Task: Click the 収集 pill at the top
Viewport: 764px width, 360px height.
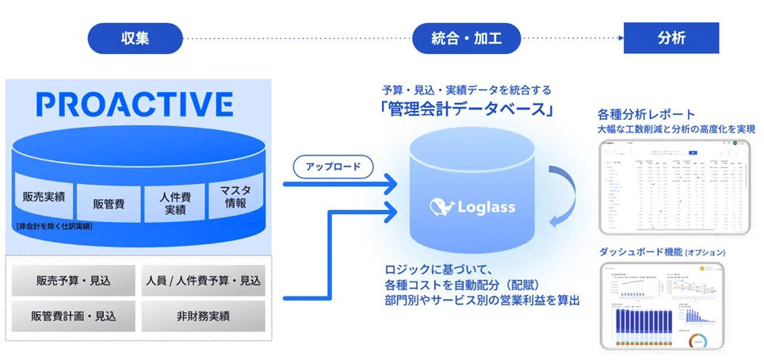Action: point(136,37)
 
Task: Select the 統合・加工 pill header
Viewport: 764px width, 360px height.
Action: point(467,37)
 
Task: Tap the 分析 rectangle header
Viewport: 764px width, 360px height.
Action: point(671,37)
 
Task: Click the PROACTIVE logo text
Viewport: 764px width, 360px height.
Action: point(135,104)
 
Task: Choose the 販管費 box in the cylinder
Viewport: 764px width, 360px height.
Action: point(109,203)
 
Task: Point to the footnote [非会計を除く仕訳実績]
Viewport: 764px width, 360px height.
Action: point(53,227)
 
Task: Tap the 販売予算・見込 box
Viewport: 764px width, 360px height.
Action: point(73,281)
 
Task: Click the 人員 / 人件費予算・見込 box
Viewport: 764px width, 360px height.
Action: point(204,281)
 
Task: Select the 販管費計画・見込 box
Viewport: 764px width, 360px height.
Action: point(73,316)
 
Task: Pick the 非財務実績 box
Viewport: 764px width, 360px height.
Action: point(204,316)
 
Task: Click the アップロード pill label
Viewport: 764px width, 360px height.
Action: point(333,167)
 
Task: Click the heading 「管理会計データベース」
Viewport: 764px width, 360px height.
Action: point(467,109)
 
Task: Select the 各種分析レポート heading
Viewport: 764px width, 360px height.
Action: point(647,114)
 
